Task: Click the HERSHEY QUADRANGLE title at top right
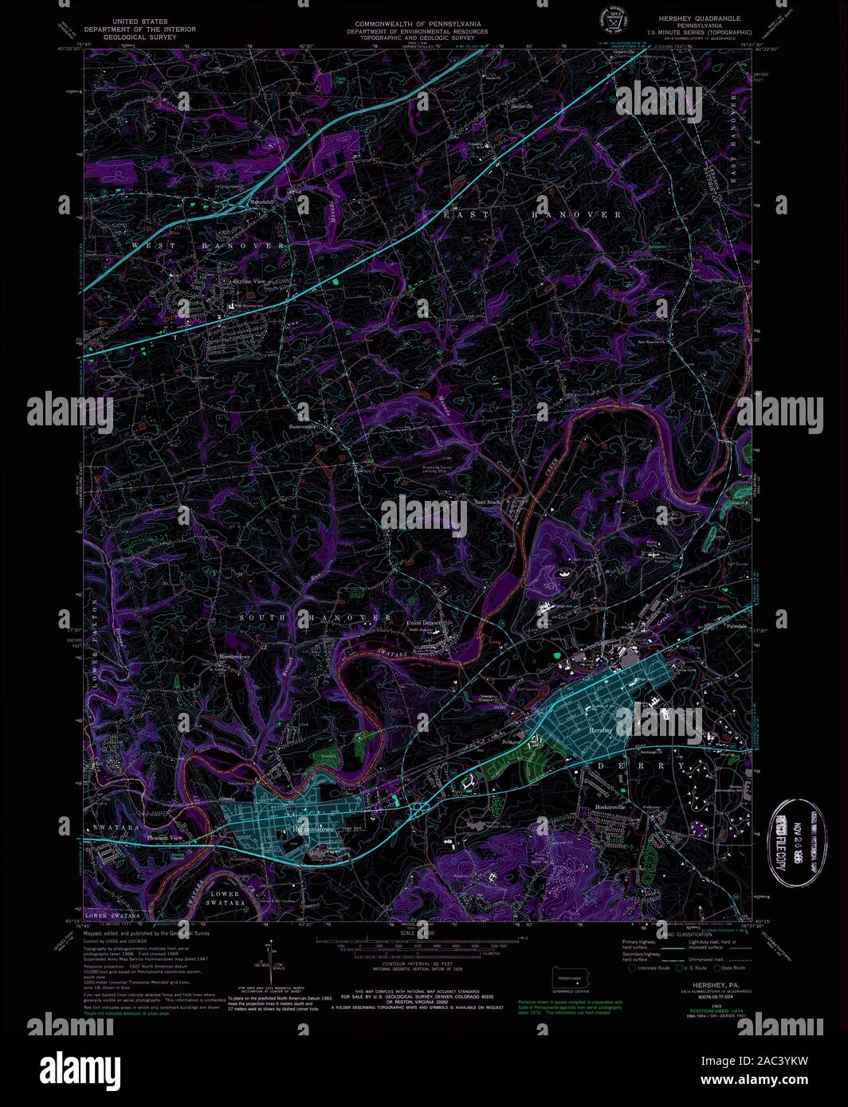coord(699,18)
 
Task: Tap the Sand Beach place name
coord(487,503)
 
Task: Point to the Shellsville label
coord(521,105)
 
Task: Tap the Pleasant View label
coord(165,838)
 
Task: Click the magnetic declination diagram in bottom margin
coord(271,964)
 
